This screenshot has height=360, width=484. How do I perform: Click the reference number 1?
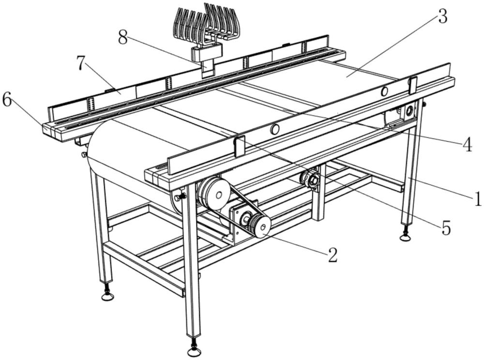477,198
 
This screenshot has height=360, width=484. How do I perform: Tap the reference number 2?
332,255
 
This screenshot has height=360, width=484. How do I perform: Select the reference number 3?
442,17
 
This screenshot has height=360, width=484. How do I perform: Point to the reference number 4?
467,145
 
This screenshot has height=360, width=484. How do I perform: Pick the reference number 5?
446,227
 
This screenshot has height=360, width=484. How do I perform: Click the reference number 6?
7,100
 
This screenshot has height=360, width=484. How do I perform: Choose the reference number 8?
123,38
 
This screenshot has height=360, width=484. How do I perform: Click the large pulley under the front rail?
214,193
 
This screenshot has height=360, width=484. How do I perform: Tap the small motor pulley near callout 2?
260,226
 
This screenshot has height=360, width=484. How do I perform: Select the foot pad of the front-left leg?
108,295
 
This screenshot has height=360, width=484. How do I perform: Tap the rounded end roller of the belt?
104,155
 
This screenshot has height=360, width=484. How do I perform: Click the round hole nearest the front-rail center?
275,129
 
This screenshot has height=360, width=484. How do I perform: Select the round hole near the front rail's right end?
385,91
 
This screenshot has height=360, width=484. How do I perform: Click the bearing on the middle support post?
311,179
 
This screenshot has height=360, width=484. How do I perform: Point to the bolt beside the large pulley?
181,197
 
